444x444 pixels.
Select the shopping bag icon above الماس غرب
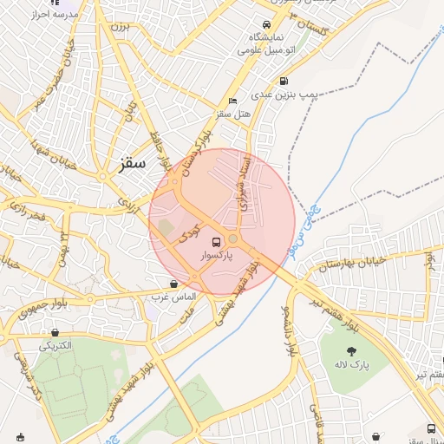point(174,283)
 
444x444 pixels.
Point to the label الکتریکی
point(56,345)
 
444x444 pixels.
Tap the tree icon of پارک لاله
point(352,351)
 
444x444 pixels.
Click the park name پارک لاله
point(352,367)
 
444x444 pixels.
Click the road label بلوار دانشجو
point(285,330)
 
